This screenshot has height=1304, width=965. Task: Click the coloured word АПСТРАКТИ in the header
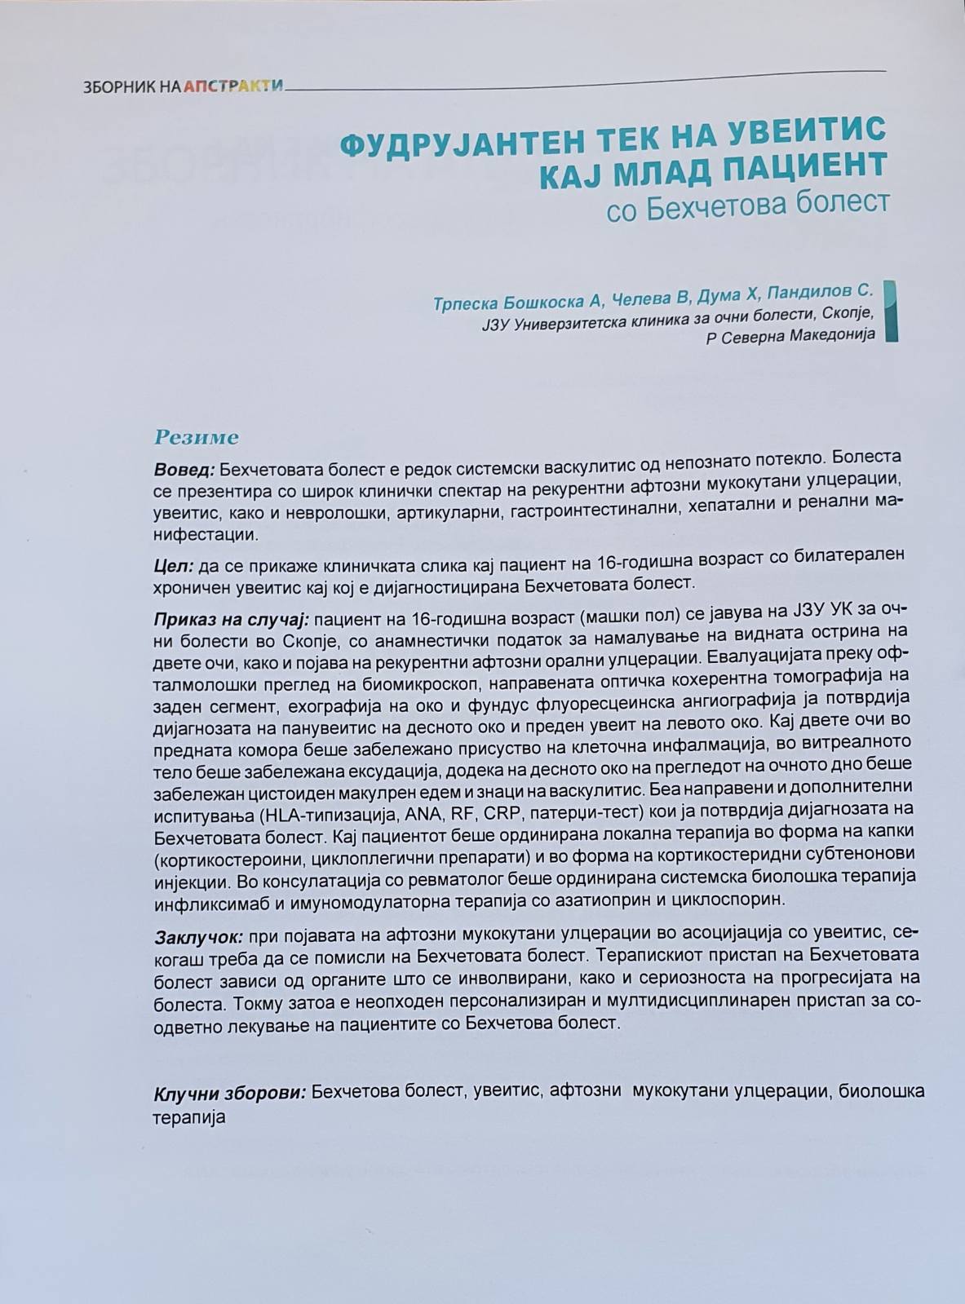[233, 85]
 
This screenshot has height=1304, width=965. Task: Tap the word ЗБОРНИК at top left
[113, 86]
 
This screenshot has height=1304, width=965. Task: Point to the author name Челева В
[649, 301]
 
